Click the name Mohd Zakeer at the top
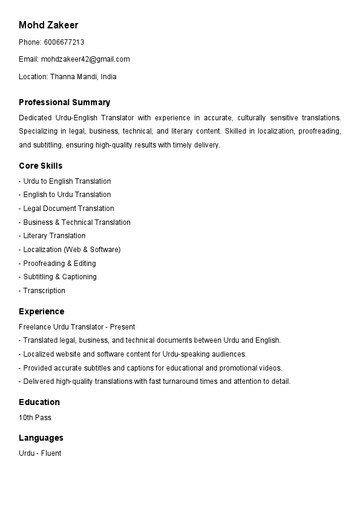(48, 25)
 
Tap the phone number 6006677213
(64, 42)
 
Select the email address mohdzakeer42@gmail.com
(85, 59)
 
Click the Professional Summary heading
(64, 102)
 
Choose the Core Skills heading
(41, 166)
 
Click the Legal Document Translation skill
(68, 209)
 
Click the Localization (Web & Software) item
(71, 250)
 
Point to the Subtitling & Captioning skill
(59, 277)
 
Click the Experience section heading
(41, 311)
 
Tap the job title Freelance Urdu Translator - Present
(77, 327)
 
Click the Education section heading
(39, 402)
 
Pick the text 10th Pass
(35, 418)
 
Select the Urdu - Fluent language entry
(40, 453)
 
